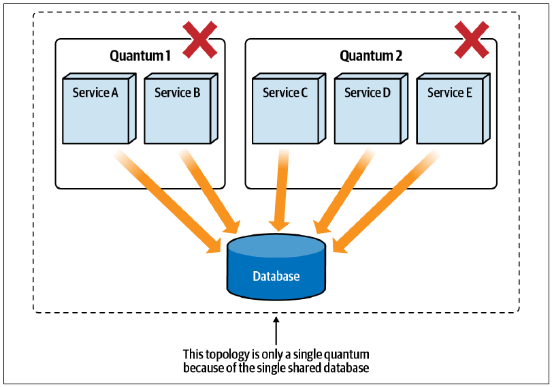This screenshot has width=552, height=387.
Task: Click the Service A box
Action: point(99,108)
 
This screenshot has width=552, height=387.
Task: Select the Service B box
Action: point(181,108)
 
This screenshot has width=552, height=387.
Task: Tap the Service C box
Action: point(289,108)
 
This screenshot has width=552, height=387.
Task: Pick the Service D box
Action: point(371,108)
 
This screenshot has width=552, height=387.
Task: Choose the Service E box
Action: point(453,108)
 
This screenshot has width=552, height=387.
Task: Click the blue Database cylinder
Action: point(276,268)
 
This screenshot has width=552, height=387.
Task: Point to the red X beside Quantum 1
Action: point(199,40)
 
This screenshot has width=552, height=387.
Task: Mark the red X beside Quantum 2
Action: point(472,40)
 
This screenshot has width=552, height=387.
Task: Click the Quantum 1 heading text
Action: point(140,56)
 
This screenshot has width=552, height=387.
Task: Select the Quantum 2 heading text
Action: point(371,56)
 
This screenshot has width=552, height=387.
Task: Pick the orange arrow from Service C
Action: point(280,190)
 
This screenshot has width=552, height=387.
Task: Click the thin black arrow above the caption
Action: point(276,330)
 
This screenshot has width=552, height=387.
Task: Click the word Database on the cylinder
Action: point(276,276)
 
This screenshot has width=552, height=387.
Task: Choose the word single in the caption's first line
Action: point(308,354)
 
